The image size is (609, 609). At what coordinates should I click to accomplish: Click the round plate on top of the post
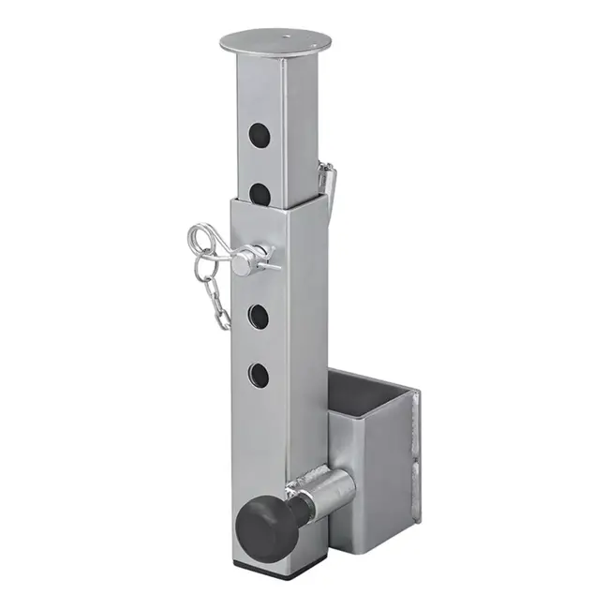(x=267, y=42)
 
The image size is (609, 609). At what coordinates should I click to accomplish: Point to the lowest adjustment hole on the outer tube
(x=258, y=376)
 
